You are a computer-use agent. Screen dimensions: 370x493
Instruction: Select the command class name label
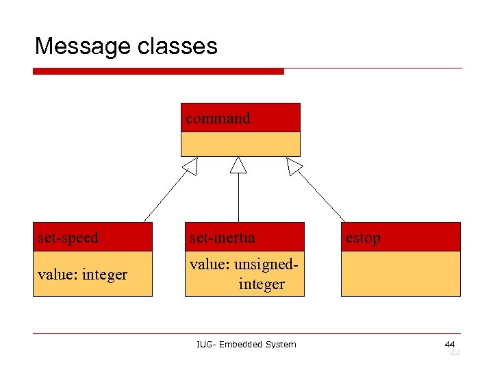tap(218, 119)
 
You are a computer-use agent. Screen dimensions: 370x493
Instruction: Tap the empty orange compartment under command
tap(240, 144)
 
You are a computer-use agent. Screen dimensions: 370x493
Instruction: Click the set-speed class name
tap(68, 238)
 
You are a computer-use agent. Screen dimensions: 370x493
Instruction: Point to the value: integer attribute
tap(82, 275)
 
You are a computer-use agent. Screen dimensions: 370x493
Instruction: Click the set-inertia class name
tap(223, 238)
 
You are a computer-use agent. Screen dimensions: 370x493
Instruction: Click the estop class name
tap(363, 238)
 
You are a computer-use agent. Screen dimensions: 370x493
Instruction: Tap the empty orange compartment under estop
tap(401, 273)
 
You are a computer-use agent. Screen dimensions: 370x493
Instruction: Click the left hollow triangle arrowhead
tap(190, 166)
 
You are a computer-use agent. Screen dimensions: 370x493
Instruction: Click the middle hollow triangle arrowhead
tap(238, 165)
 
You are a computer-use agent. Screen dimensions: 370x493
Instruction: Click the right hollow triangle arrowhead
tap(294, 166)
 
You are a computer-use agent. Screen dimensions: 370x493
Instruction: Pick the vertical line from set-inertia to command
tap(238, 199)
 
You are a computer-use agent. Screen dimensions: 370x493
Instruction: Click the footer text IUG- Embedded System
tap(246, 344)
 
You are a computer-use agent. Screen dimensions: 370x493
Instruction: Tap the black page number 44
tap(449, 343)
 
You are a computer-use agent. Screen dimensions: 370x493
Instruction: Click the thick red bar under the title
tap(158, 71)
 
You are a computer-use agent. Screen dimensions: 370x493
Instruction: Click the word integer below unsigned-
tap(262, 284)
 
